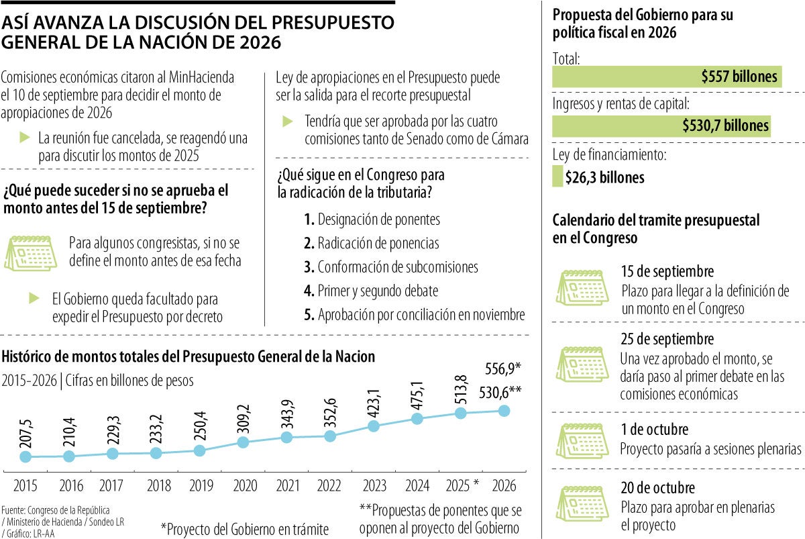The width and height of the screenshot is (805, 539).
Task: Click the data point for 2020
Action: (244, 442)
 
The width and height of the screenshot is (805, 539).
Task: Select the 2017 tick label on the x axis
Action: (112, 485)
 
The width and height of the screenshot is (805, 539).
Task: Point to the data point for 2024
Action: (417, 419)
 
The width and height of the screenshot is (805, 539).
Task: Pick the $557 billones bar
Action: (667, 77)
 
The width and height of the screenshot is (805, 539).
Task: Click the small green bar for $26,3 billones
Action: (557, 177)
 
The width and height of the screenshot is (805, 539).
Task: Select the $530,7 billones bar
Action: (661, 126)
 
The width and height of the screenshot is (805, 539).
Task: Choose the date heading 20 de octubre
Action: (657, 488)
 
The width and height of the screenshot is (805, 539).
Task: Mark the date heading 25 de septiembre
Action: (667, 340)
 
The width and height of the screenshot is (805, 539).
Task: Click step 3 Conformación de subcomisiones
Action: (390, 267)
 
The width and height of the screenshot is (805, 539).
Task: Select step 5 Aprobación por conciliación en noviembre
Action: (414, 315)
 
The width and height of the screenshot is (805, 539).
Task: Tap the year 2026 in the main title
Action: (255, 42)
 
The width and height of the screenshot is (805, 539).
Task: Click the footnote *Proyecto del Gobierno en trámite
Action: (244, 529)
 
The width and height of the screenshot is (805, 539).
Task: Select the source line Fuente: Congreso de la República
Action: (56, 509)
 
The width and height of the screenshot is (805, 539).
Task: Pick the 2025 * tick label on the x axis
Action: (462, 485)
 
